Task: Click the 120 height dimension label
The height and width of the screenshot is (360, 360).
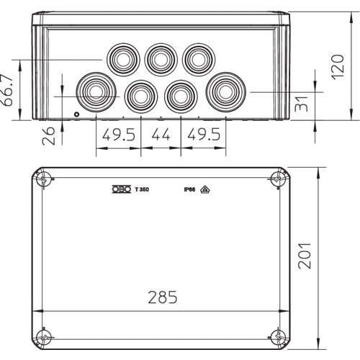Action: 338,67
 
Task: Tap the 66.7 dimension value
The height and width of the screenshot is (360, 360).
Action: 6,90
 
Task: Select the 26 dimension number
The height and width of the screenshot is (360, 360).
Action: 48,136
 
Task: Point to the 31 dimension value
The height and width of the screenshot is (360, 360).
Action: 301,104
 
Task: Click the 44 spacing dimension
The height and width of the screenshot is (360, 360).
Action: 161,135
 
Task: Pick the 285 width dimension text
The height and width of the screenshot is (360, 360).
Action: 163,297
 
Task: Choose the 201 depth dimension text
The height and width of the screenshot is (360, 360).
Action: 305,256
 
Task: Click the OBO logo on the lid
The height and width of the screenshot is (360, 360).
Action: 122,189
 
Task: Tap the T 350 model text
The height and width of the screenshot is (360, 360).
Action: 142,189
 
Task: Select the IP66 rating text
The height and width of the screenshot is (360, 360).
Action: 189,189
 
